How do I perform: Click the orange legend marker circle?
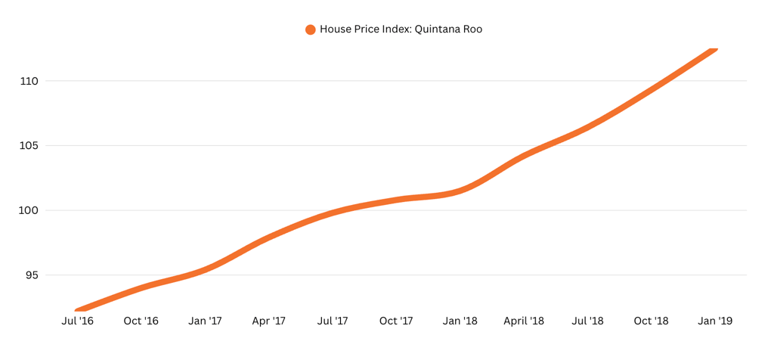(x=310, y=30)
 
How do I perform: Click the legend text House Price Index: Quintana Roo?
(x=401, y=29)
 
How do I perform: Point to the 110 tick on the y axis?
(x=29, y=81)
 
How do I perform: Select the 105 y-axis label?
(x=29, y=146)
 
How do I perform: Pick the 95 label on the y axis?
(x=32, y=275)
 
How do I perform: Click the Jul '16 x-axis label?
(x=77, y=321)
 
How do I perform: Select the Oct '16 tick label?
(x=141, y=321)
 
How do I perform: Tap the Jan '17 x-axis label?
(x=205, y=321)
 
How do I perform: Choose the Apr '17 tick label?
(x=268, y=321)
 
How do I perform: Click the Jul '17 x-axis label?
(x=333, y=321)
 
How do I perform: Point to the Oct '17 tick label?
(x=396, y=321)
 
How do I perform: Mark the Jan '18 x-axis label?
(x=460, y=321)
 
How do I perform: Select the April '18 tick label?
(x=524, y=321)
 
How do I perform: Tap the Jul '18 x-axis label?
(x=587, y=321)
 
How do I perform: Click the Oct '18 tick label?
(x=651, y=321)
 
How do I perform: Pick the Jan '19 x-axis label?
(x=715, y=321)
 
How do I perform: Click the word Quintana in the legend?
(x=437, y=29)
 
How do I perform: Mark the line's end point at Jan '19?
(x=714, y=50)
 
